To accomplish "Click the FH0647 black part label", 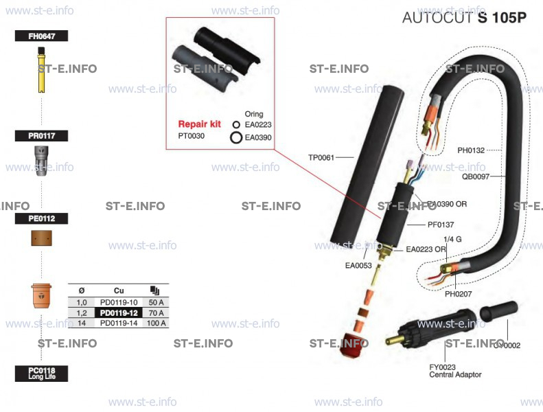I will pyautogui.click(x=41, y=37).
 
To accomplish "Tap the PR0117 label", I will pyautogui.click(x=41, y=136).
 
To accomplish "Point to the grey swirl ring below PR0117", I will pyautogui.click(x=42, y=163).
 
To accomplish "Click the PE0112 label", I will pyautogui.click(x=41, y=218).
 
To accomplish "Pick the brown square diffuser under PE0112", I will pyautogui.click(x=43, y=238).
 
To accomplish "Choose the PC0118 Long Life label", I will pyautogui.click(x=41, y=374).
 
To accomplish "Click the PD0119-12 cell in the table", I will pyautogui.click(x=119, y=313).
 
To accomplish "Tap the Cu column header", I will pyautogui.click(x=119, y=290).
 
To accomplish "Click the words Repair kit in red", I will pyautogui.click(x=199, y=124).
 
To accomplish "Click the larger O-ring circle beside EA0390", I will pyautogui.click(x=235, y=137).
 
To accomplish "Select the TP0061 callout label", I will pyautogui.click(x=321, y=157).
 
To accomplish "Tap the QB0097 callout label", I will pyautogui.click(x=475, y=176).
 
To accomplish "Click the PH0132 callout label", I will pyautogui.click(x=471, y=150).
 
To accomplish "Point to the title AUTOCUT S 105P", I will pyautogui.click(x=464, y=18).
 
